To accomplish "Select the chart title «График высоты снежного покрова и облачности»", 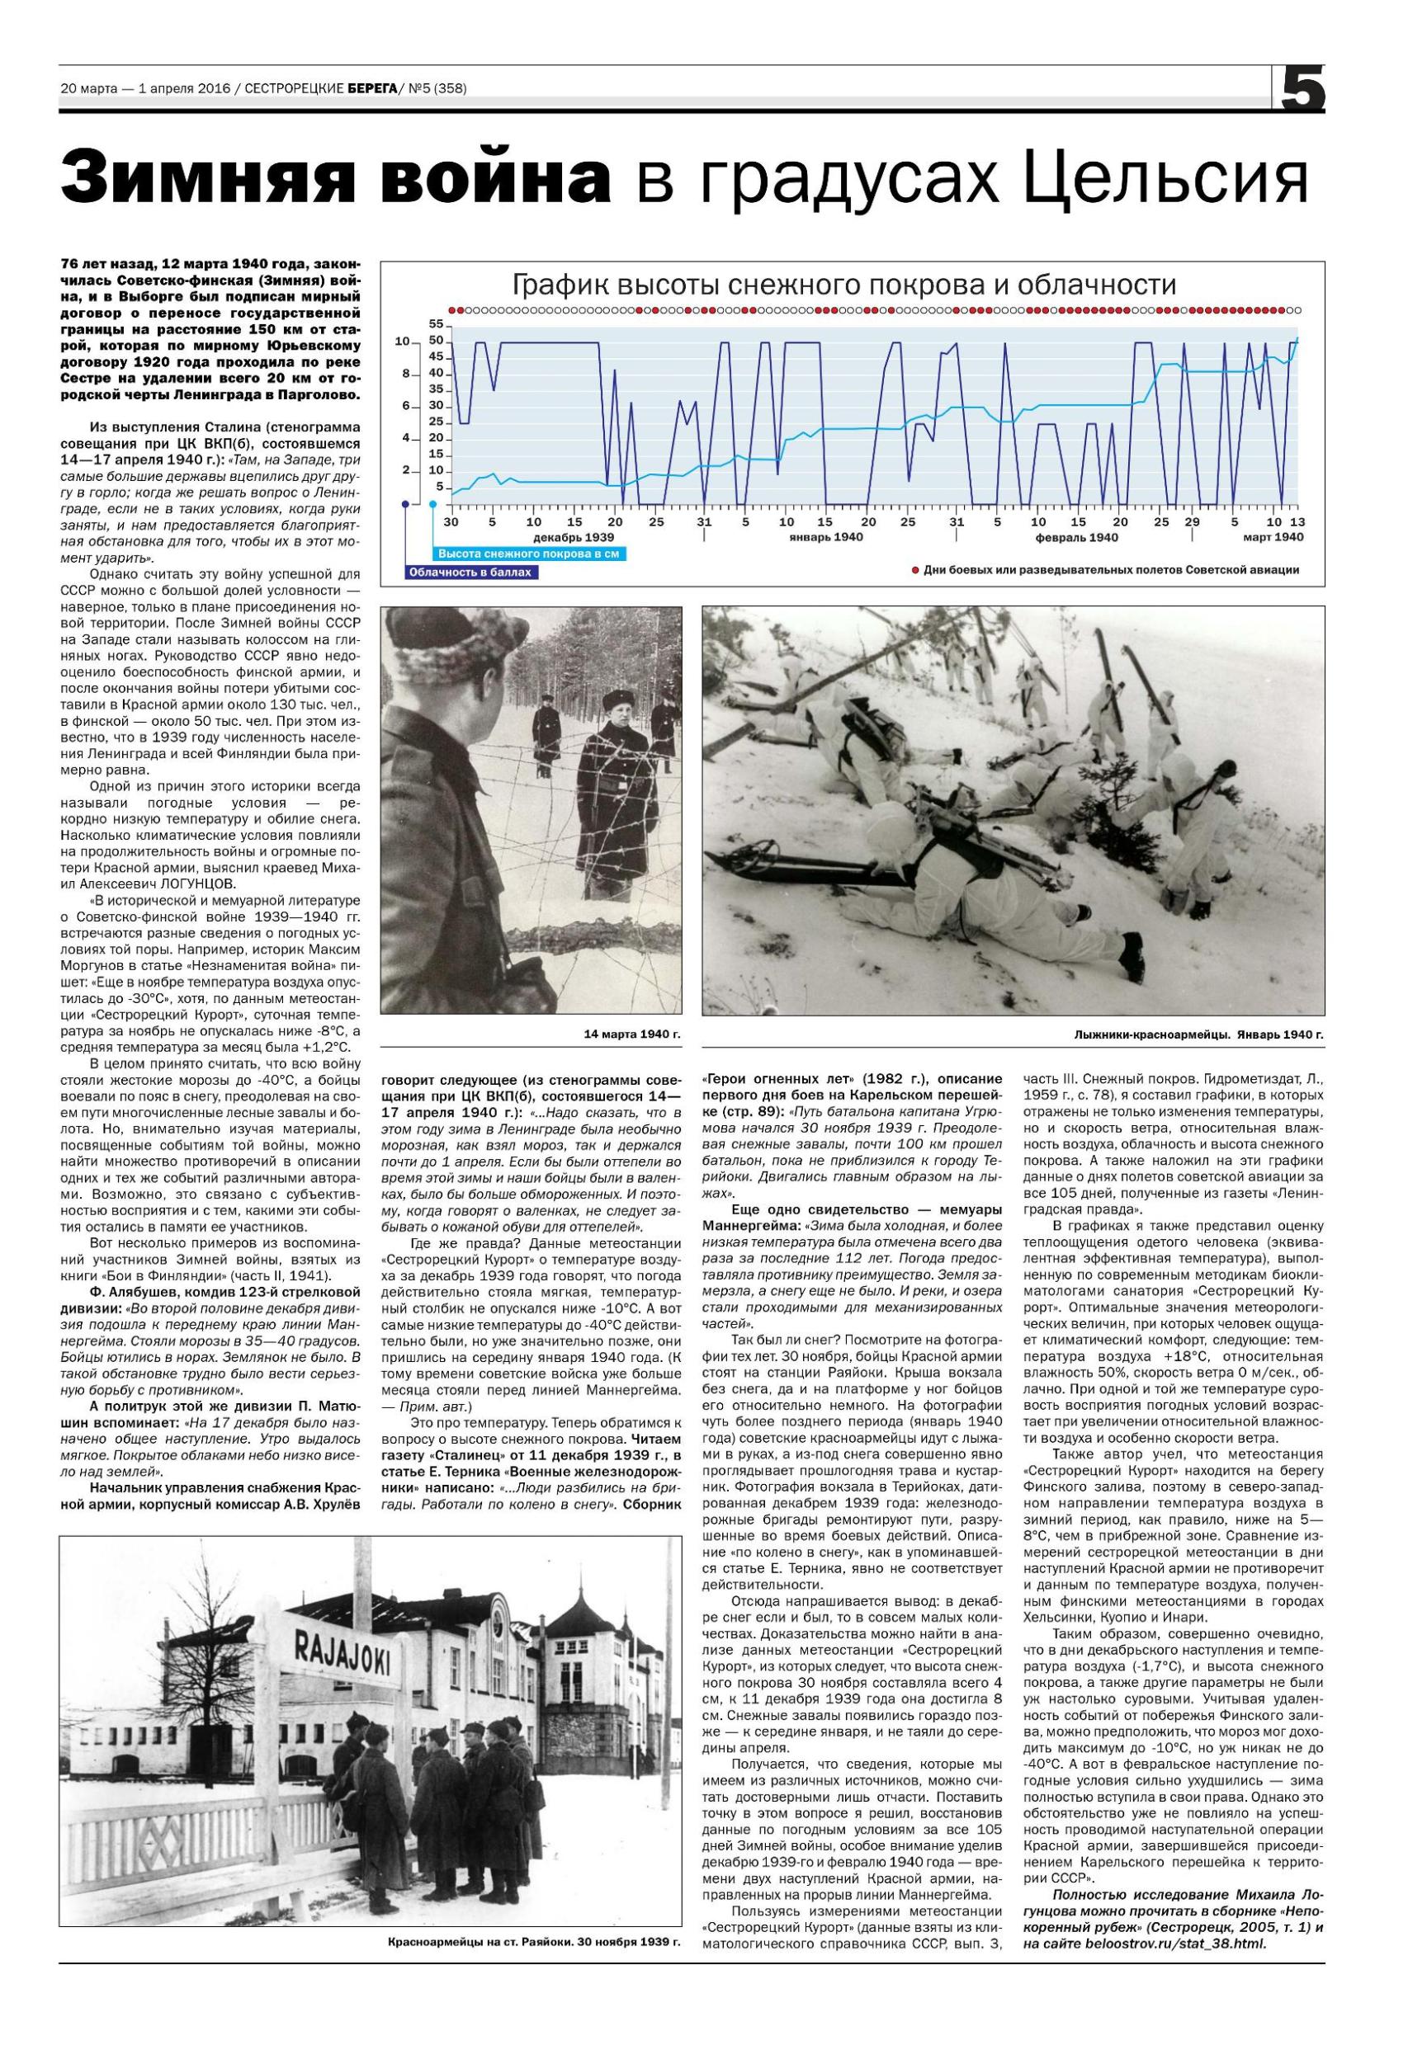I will (844, 285).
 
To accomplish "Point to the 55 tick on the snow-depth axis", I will (436, 323).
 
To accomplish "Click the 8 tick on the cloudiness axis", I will (406, 374).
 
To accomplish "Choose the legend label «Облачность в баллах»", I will (472, 573).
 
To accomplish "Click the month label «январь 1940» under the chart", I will (827, 537).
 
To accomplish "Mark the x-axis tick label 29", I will (1192, 521).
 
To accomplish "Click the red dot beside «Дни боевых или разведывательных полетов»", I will (916, 571).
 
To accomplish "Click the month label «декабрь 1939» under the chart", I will (574, 537).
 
